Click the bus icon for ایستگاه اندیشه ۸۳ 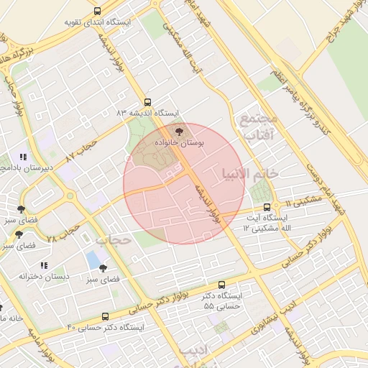pos(148,102)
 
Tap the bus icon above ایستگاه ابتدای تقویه pos(98,11)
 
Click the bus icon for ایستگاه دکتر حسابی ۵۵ pos(221,285)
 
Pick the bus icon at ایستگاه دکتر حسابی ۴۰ pos(106,316)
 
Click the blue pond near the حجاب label pos(93,258)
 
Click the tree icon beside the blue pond pos(113,267)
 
